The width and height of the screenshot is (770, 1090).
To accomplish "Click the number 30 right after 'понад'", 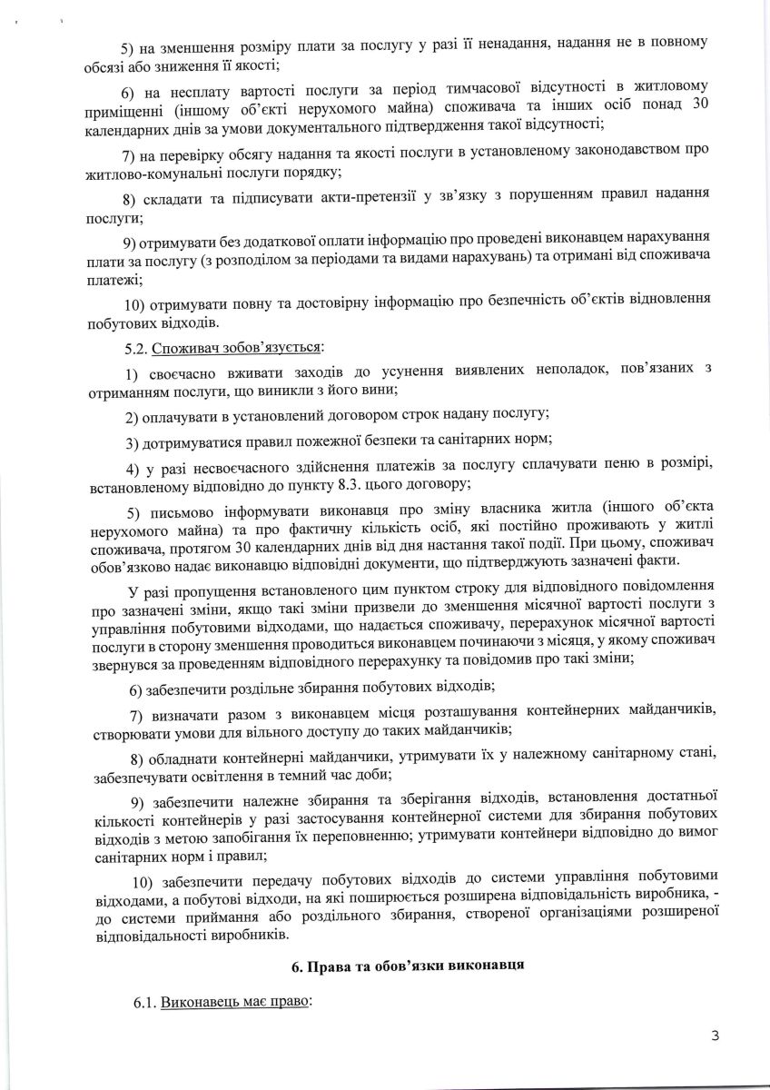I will pos(701,105).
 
